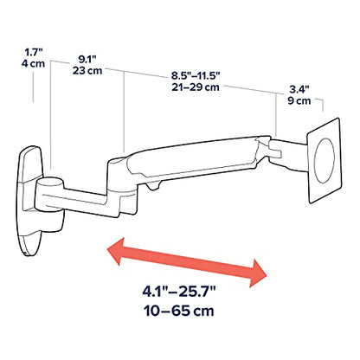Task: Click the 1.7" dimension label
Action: pos(34,53)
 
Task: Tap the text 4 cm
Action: pos(33,63)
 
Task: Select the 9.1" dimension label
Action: pos(87,60)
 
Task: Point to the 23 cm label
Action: pos(87,70)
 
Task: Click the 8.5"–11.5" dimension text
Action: pos(196,76)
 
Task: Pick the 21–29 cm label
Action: pos(196,87)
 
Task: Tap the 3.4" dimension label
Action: pos(299,90)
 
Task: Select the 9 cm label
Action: pos(299,100)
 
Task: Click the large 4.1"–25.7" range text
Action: pos(179,292)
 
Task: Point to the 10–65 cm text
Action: pos(179,311)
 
